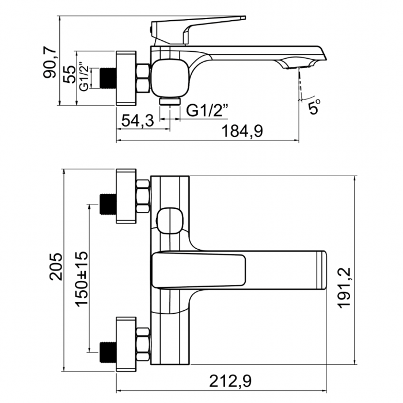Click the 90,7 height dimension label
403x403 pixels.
pyautogui.click(x=51, y=62)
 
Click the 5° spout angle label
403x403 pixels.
pyautogui.click(x=314, y=106)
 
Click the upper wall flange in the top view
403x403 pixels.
pyautogui.click(x=126, y=196)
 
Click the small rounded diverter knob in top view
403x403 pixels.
pyautogui.click(x=169, y=220)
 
